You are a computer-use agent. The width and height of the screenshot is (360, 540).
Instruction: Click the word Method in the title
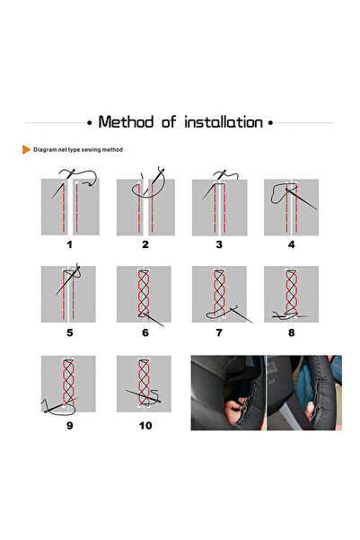pyautogui.click(x=126, y=122)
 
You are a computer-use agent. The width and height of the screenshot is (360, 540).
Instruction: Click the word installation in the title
pyautogui.click(x=224, y=122)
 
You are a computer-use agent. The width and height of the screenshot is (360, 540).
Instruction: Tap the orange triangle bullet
pyautogui.click(x=26, y=149)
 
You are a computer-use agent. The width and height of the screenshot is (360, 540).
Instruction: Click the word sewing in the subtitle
pyautogui.click(x=91, y=150)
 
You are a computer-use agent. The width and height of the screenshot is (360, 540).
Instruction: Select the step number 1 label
pyautogui.click(x=70, y=244)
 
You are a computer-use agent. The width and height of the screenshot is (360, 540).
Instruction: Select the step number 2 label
pyautogui.click(x=145, y=244)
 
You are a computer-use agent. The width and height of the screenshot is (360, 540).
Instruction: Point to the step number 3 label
pyautogui.click(x=219, y=244)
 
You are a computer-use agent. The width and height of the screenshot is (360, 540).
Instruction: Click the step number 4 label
pyautogui.click(x=292, y=244)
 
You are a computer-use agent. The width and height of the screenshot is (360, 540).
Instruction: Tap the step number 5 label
pyautogui.click(x=70, y=332)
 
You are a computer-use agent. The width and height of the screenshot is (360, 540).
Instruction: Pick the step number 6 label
pyautogui.click(x=145, y=332)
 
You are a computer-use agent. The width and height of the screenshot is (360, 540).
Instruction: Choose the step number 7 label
pyautogui.click(x=219, y=332)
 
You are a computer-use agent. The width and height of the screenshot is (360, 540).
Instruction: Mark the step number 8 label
pyautogui.click(x=292, y=332)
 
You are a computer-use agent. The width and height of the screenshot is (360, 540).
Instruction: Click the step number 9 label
pyautogui.click(x=70, y=426)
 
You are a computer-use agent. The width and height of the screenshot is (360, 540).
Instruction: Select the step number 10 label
pyautogui.click(x=145, y=426)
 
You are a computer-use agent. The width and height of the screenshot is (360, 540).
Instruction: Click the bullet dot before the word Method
pyautogui.click(x=90, y=122)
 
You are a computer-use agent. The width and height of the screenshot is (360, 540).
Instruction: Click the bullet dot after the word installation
pyautogui.click(x=270, y=122)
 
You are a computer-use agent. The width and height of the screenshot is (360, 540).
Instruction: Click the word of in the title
pyautogui.click(x=169, y=122)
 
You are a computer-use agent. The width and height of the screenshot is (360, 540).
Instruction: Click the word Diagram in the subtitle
pyautogui.click(x=45, y=150)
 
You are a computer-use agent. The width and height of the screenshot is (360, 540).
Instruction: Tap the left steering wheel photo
pyautogui.click(x=228, y=393)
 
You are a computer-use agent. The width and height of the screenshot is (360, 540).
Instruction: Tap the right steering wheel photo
pyautogui.click(x=304, y=393)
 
